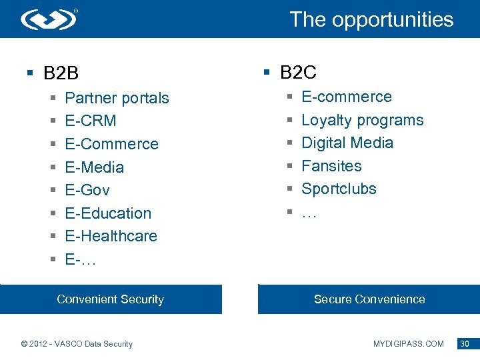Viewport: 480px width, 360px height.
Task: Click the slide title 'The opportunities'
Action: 371,19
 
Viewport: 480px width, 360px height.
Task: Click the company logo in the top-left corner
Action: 49,19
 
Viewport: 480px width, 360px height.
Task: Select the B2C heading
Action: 298,72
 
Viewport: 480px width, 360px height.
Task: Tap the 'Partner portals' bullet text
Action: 117,98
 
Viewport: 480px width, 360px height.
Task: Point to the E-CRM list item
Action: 91,121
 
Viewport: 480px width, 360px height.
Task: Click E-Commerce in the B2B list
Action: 111,144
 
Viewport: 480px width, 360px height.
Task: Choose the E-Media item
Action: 94,167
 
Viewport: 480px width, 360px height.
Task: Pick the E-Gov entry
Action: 87,190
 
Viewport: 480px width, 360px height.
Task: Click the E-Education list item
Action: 108,213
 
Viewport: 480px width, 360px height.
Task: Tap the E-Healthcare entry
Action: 111,236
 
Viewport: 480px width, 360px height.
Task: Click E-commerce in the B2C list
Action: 347,97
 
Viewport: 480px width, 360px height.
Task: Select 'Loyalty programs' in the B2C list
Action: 362,120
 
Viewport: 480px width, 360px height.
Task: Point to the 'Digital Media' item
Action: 347,143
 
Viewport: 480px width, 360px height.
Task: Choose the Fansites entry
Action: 331,166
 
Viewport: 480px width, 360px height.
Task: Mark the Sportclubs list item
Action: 339,189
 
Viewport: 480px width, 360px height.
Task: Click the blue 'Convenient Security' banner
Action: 111,299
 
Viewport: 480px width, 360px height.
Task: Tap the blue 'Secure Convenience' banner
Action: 369,299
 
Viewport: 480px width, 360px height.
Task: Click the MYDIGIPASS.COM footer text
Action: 408,344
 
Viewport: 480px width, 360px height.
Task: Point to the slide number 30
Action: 465,344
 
